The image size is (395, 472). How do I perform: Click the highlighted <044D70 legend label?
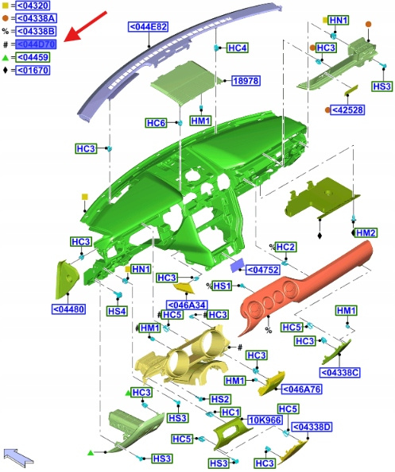(36, 44)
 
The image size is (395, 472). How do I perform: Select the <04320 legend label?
(33, 6)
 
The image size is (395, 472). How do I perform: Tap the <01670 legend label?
(33, 70)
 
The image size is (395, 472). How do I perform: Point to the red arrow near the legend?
(86, 26)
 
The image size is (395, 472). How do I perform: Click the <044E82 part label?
(149, 27)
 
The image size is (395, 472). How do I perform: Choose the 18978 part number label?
(246, 81)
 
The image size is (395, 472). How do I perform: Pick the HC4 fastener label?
(238, 48)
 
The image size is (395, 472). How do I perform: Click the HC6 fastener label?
(156, 123)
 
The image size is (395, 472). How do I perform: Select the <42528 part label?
(347, 110)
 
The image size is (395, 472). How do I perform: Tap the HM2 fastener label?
(366, 232)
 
